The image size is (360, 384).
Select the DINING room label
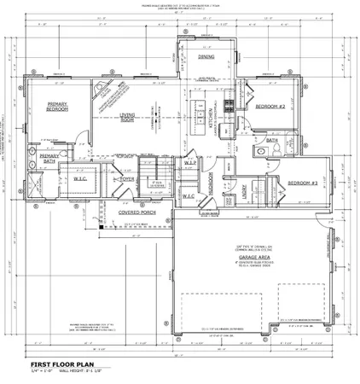pyautogui.click(x=206, y=57)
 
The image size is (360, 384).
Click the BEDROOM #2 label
pyautogui.click(x=269, y=108)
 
